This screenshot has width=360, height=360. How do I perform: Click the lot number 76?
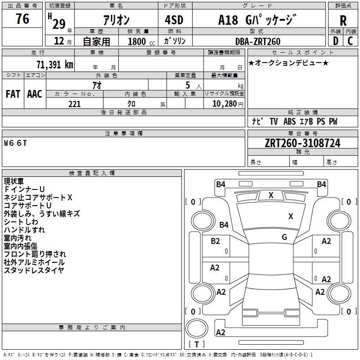click(x=22, y=19)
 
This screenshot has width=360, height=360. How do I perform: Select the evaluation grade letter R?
click(x=343, y=21)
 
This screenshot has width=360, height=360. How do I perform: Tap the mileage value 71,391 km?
click(x=55, y=65)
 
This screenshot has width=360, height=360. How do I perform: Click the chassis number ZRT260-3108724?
click(x=302, y=143)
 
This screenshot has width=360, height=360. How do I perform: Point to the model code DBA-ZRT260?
click(x=258, y=41)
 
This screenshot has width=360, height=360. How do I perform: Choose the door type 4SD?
click(x=174, y=20)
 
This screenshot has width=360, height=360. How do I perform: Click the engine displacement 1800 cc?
click(x=141, y=42)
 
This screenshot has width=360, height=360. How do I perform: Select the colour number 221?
click(x=75, y=104)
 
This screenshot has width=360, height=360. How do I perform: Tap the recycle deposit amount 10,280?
click(x=225, y=104)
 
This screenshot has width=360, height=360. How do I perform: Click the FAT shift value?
click(x=13, y=94)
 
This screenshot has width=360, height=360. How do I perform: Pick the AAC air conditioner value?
click(x=35, y=94)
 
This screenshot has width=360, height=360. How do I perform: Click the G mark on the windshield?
click(x=284, y=237)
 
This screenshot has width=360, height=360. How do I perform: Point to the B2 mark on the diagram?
click(x=215, y=241)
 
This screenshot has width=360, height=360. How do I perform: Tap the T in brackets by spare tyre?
click(x=197, y=344)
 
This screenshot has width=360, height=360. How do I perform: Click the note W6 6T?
click(x=15, y=143)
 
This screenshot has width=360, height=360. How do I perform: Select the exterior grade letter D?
click(x=336, y=41)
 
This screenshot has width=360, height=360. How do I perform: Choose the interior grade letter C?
click(x=350, y=41)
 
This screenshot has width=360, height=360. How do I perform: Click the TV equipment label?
click(x=274, y=121)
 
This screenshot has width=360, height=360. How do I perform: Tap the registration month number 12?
click(x=59, y=41)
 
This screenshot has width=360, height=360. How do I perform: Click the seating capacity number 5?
click(x=188, y=85)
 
